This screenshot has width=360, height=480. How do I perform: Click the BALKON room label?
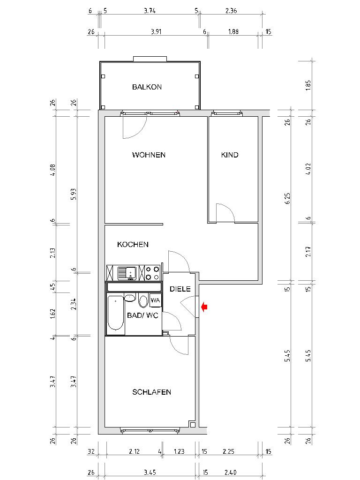(x=147, y=87)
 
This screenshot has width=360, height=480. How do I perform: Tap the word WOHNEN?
(x=149, y=155)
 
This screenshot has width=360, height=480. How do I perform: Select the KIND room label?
(x=230, y=155)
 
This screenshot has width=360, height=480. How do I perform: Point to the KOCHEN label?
(x=133, y=245)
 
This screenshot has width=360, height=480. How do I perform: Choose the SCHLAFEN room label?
(x=151, y=392)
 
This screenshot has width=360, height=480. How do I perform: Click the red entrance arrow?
(x=204, y=307)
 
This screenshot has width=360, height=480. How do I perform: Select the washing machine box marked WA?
(x=155, y=300)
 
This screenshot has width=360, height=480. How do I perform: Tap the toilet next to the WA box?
(x=143, y=300)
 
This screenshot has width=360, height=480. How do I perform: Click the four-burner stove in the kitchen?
(x=151, y=273)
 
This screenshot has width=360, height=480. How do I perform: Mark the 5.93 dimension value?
(x=74, y=197)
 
